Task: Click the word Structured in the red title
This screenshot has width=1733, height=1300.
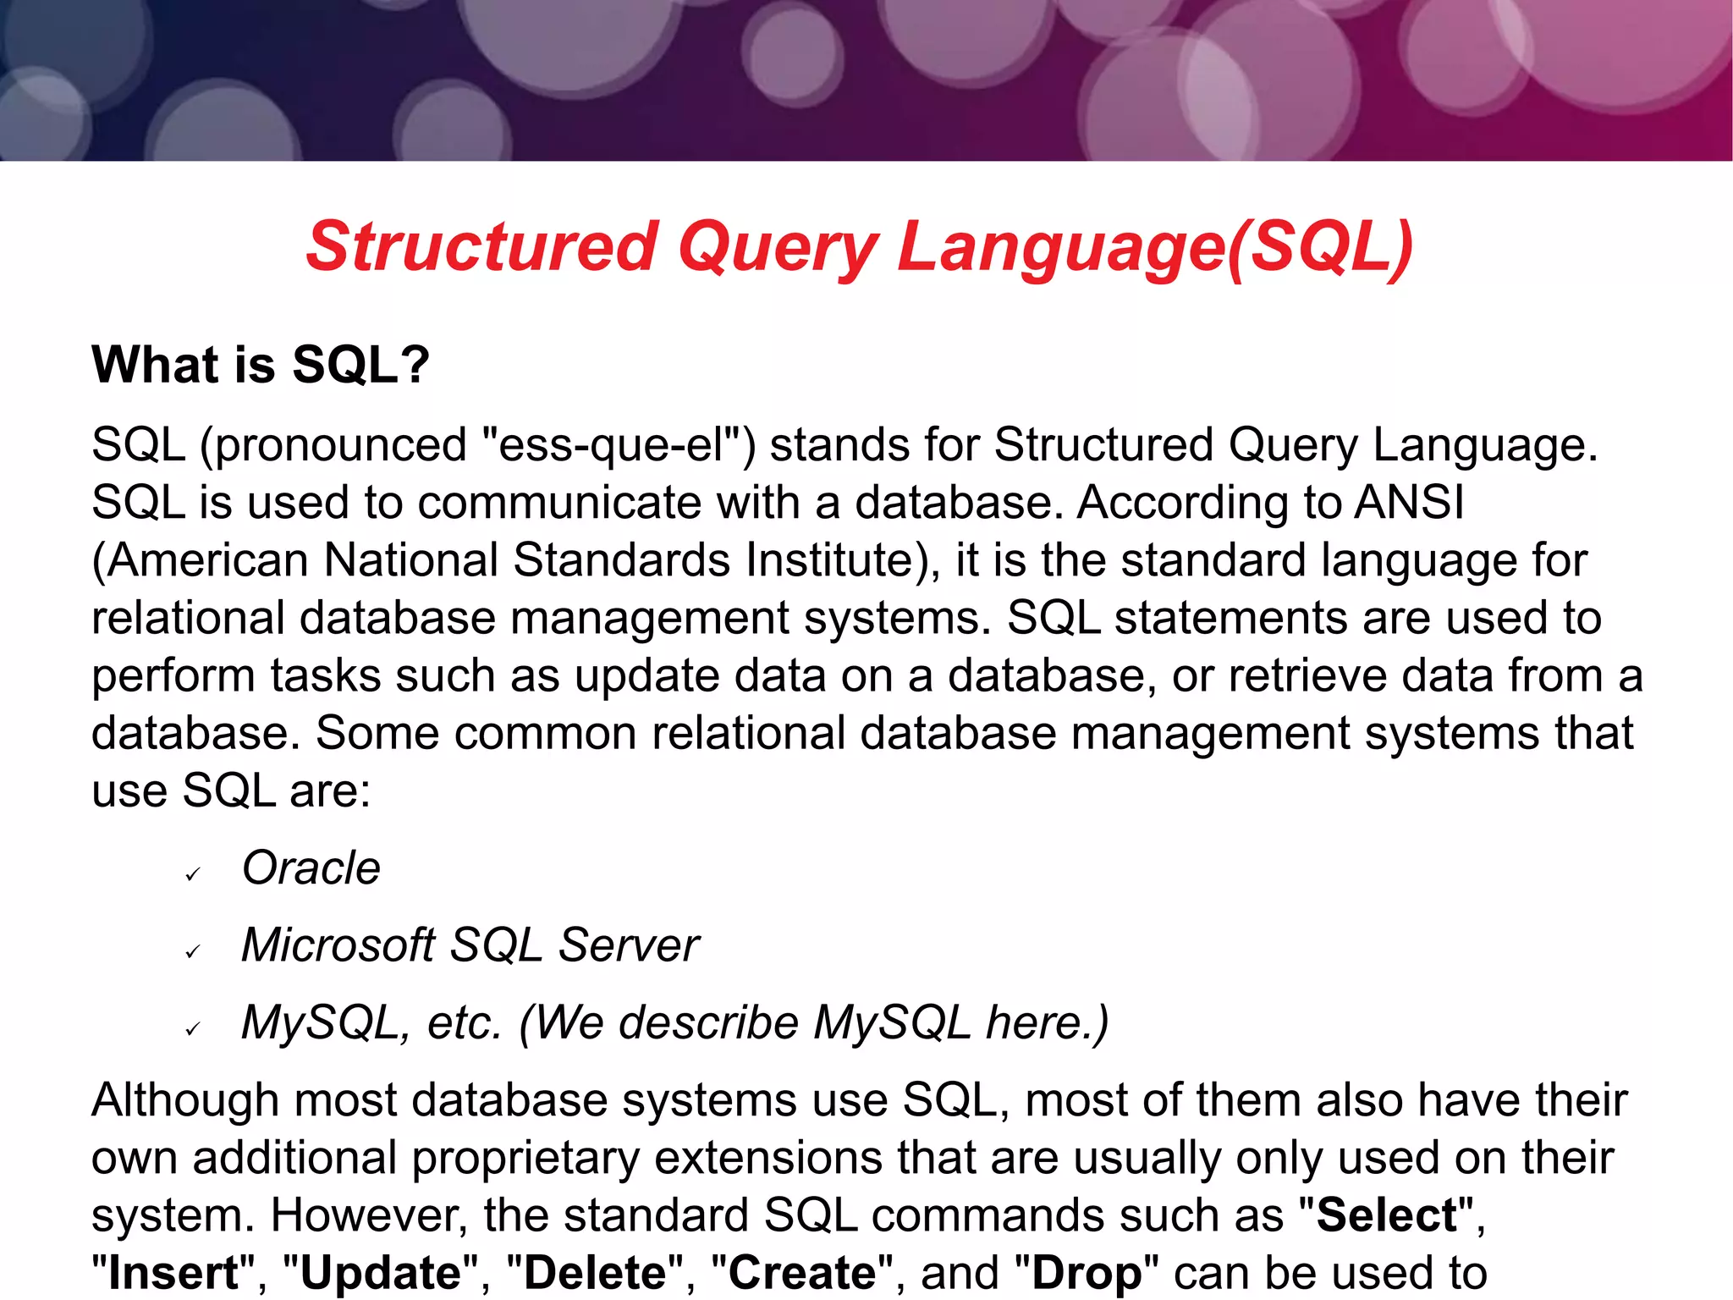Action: pos(481,246)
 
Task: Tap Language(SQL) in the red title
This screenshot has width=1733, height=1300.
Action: pos(1155,246)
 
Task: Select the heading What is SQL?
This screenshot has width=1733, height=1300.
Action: pos(261,365)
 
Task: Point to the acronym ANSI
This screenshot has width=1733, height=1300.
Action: pos(1409,503)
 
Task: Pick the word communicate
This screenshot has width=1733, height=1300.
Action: pos(558,503)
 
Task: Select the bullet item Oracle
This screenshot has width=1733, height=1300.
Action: pos(311,868)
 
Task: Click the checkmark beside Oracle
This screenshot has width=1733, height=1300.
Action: pos(193,874)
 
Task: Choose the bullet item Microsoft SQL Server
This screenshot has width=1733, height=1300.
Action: pos(470,945)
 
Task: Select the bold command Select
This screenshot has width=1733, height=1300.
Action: pos(1387,1215)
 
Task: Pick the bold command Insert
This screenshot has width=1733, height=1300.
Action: pos(173,1273)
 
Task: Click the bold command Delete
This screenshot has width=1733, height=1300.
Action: pos(595,1273)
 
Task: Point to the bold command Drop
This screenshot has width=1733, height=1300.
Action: pos(1086,1273)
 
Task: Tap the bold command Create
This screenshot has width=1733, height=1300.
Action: pos(802,1273)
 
